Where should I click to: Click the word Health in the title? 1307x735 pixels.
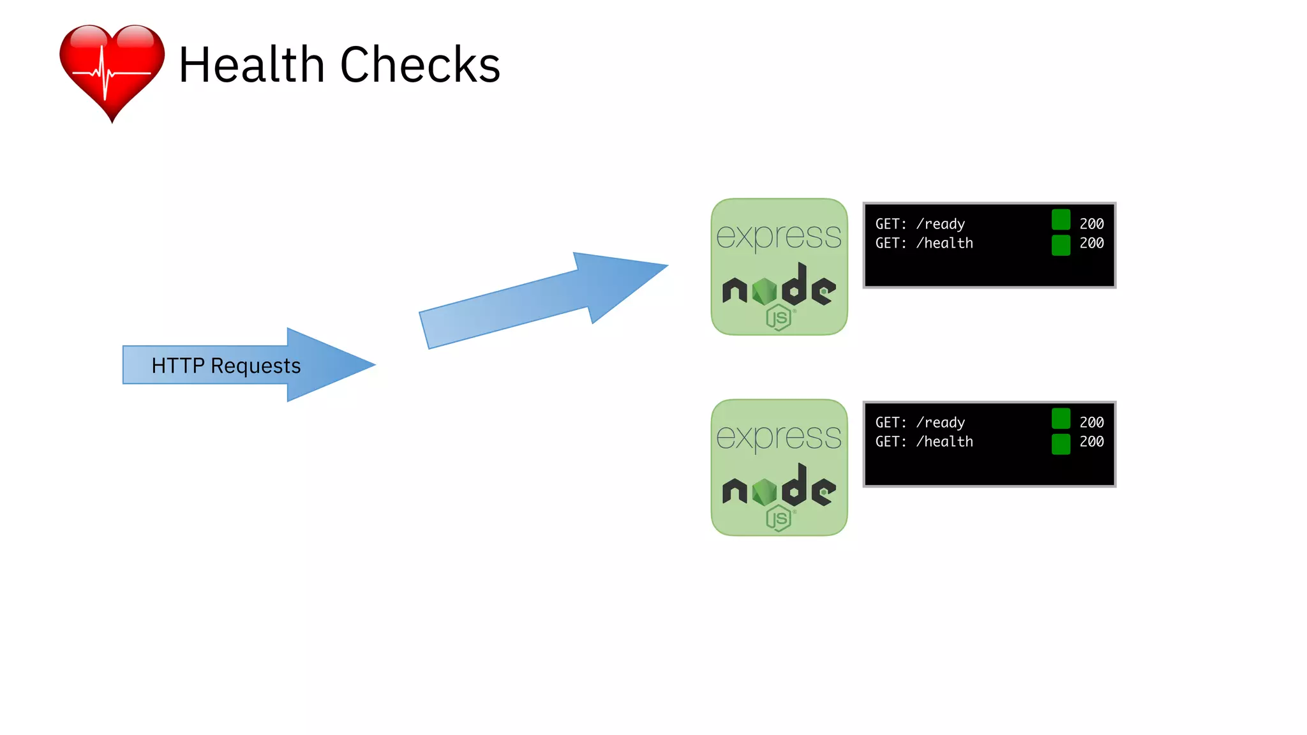pyautogui.click(x=251, y=65)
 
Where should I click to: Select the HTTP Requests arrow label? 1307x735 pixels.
pyautogui.click(x=226, y=366)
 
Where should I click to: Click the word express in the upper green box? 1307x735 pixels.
pyautogui.click(x=779, y=236)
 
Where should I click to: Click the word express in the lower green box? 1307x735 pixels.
pyautogui.click(x=779, y=437)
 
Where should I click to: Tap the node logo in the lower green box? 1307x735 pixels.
pyautogui.click(x=779, y=489)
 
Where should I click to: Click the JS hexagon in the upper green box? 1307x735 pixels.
pyautogui.click(x=779, y=317)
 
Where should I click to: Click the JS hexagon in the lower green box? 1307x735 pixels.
pyautogui.click(x=779, y=518)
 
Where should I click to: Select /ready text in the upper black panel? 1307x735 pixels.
pyautogui.click(x=941, y=224)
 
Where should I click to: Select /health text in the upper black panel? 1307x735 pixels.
pyautogui.click(x=945, y=243)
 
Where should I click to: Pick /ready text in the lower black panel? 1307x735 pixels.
pyautogui.click(x=941, y=422)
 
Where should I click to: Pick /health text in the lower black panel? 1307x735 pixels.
pyautogui.click(x=945, y=442)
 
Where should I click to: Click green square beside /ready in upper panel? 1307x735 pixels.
pyautogui.click(x=1061, y=219)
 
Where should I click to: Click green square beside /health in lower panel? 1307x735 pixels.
pyautogui.click(x=1061, y=444)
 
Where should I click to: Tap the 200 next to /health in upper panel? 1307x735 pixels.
pyautogui.click(x=1091, y=243)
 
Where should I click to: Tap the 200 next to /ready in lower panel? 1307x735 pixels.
pyautogui.click(x=1091, y=422)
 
